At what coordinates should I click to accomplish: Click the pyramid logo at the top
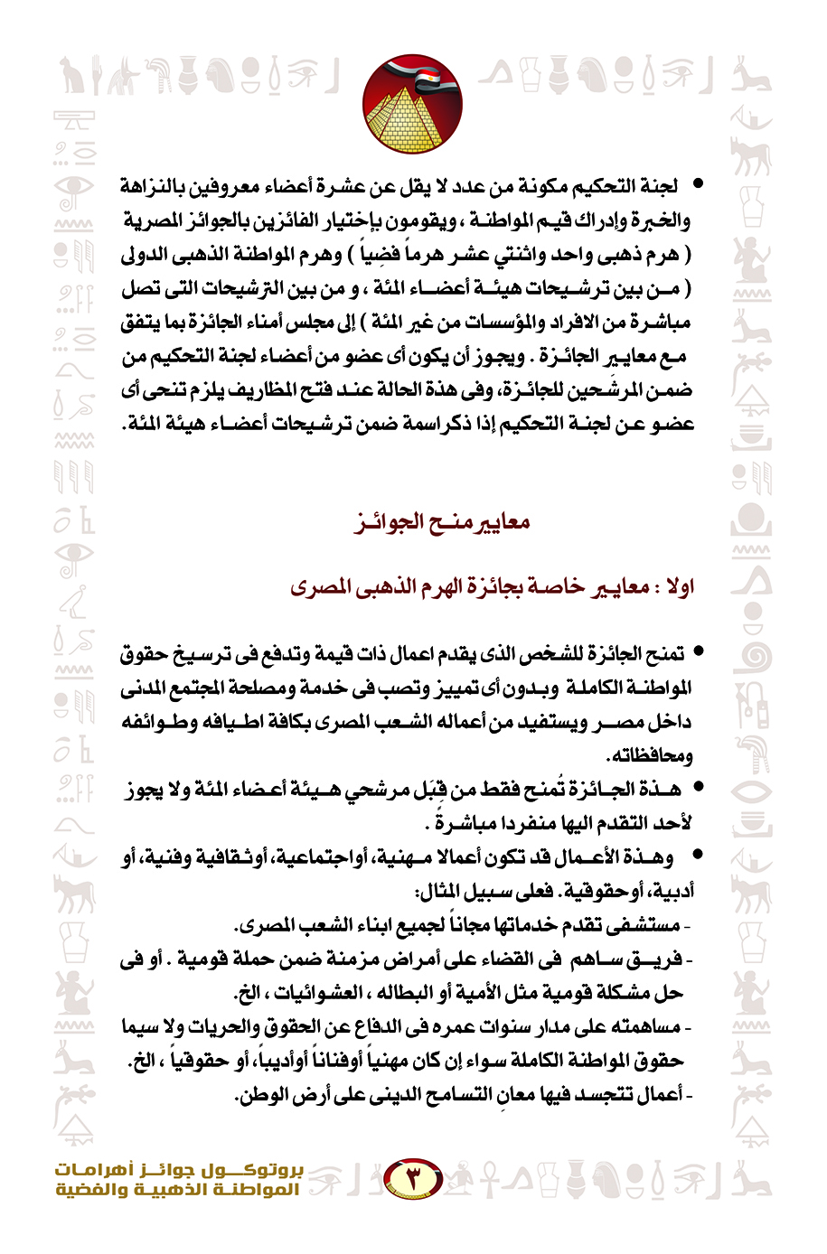412,105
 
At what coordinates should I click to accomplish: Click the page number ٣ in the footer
412,1177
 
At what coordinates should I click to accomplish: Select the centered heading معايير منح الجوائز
441,522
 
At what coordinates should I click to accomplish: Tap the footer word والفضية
91,1190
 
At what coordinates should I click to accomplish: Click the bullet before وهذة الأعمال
693,856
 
